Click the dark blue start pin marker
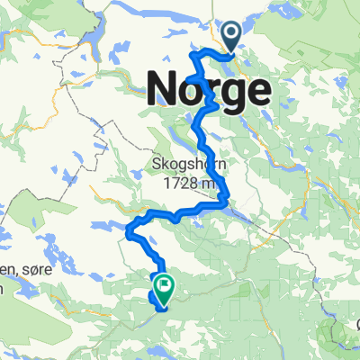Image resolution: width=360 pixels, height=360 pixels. click(x=231, y=37)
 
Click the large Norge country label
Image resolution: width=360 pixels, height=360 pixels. click(x=208, y=88)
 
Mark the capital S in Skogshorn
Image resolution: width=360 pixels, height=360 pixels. click(x=154, y=166)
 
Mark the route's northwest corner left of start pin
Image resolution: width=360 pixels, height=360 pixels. click(x=192, y=55)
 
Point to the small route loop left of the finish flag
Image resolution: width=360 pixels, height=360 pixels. click(x=150, y=296)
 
